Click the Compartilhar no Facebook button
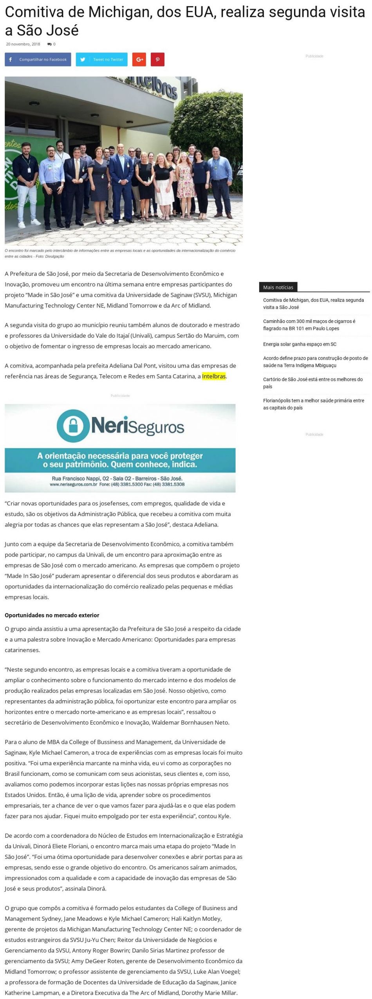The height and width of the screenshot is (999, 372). (38, 60)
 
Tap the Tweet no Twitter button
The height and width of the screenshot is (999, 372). (102, 60)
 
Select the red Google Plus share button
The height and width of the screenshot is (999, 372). (139, 60)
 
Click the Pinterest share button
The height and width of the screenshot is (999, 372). (157, 60)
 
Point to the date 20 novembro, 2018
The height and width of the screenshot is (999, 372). (23, 44)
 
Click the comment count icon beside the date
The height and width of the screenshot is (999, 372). (49, 44)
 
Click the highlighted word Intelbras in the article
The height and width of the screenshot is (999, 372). (214, 376)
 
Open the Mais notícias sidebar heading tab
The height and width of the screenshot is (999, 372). (278, 287)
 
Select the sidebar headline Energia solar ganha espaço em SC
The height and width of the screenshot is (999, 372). (300, 344)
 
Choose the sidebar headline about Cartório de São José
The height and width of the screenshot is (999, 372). (313, 383)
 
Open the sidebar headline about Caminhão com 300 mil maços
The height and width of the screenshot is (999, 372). (309, 325)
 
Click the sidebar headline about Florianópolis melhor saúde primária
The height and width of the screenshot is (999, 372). (314, 404)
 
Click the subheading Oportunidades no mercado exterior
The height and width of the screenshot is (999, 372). (52, 615)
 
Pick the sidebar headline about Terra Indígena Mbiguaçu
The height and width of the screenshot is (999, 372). (315, 362)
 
